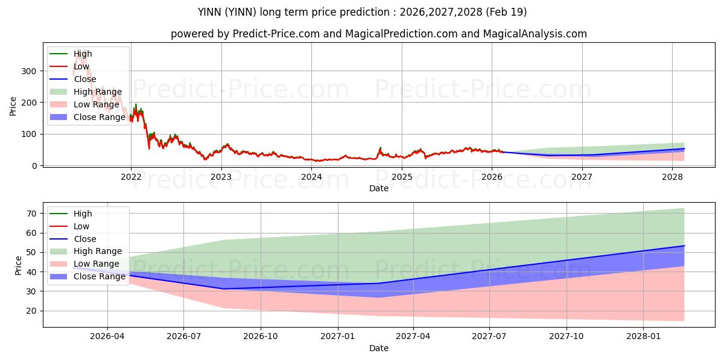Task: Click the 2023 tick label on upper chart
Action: click(x=221, y=177)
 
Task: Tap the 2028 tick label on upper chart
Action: click(x=672, y=177)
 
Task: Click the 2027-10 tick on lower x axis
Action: click(x=567, y=337)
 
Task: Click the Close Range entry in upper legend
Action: click(x=99, y=117)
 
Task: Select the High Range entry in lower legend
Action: click(x=97, y=251)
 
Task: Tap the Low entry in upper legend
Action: click(x=81, y=66)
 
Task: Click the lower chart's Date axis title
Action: click(x=378, y=348)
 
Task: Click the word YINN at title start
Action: click(x=209, y=12)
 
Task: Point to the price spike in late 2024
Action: click(x=380, y=148)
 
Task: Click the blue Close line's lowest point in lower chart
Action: click(x=224, y=288)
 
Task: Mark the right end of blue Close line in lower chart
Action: click(x=684, y=246)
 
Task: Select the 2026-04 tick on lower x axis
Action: click(x=107, y=337)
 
